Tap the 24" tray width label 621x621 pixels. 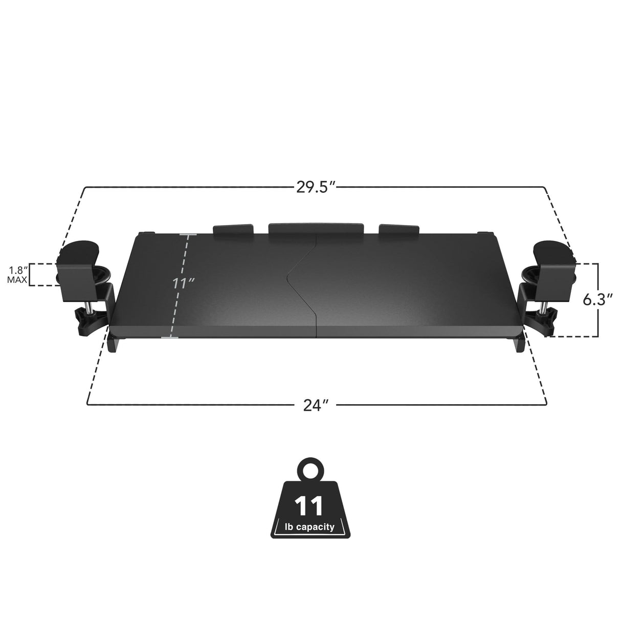316,405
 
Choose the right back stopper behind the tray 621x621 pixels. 399,230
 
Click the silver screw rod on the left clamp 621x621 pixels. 89,307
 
